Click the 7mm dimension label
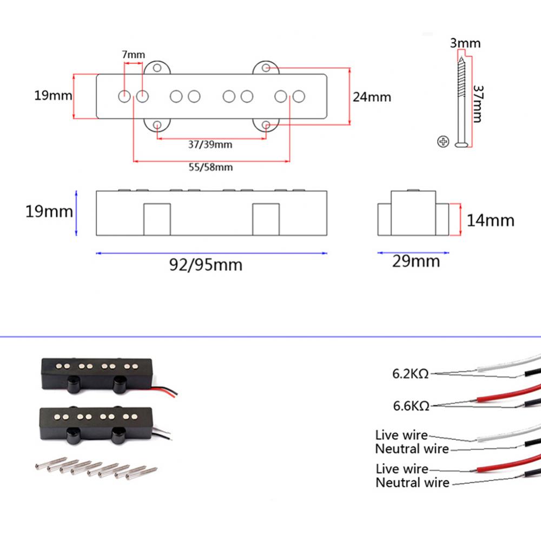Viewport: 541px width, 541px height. [x=134, y=55]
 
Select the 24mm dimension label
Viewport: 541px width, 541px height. [x=372, y=97]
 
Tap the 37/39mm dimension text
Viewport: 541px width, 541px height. [x=210, y=144]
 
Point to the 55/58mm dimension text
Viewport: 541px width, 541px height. [x=211, y=167]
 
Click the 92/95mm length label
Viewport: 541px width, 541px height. [x=206, y=265]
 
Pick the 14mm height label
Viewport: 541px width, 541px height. [x=491, y=220]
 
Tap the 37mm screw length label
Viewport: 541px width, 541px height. [x=477, y=103]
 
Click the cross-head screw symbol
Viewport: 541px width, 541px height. [x=443, y=142]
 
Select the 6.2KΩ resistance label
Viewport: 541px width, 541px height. [x=411, y=373]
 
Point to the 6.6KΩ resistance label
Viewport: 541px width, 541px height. [x=411, y=405]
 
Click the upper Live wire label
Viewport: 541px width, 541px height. [x=401, y=435]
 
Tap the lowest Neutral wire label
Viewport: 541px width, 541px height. [x=412, y=482]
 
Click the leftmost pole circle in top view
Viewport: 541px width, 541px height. [x=124, y=97]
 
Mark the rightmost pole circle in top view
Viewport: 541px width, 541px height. [x=298, y=96]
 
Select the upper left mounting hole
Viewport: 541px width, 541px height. [x=157, y=69]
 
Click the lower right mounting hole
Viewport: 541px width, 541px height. [x=266, y=126]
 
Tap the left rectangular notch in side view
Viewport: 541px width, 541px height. [x=157, y=219]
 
